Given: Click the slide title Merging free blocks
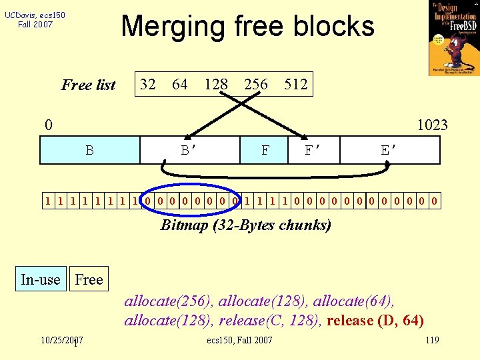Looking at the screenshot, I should [x=247, y=27].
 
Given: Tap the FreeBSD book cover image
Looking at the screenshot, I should [x=454, y=38].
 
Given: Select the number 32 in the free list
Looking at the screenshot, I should [x=147, y=84].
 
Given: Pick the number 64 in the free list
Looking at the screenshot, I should [x=179, y=84].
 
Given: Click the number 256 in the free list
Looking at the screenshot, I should [x=256, y=84].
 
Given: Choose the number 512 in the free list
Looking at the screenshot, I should [x=295, y=84].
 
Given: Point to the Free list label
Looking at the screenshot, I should [x=88, y=85].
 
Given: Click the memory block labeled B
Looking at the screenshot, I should [x=89, y=150].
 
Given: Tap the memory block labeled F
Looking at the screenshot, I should [x=265, y=150].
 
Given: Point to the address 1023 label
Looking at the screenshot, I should [x=432, y=125].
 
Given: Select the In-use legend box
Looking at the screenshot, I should [x=40, y=279].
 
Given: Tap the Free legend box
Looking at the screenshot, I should [x=89, y=279].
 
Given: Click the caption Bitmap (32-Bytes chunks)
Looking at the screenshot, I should [x=246, y=225].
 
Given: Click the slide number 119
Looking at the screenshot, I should [x=432, y=341].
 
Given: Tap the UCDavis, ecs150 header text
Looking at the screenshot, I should [x=35, y=19].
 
